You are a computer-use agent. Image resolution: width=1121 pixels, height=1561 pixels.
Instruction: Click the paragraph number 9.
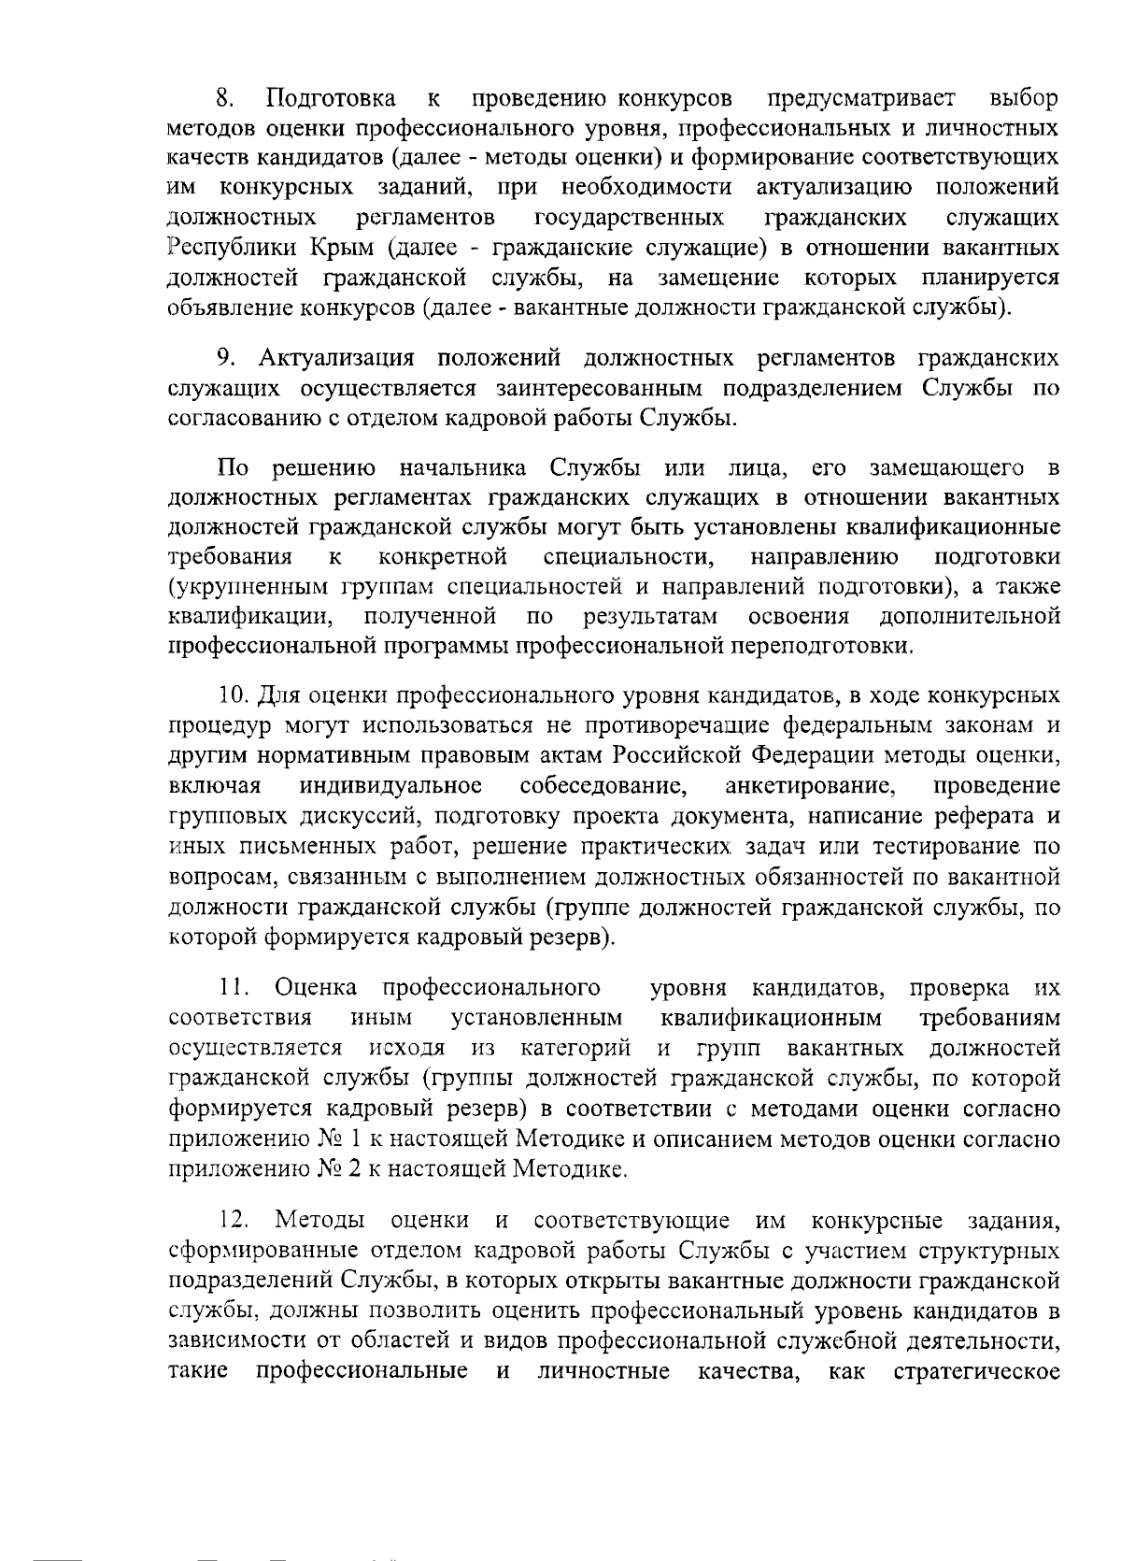pos(224,359)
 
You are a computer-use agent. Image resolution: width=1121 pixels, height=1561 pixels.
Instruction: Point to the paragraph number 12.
pos(234,1221)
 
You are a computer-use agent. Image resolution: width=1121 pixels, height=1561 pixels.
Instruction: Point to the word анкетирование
pos(806,785)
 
